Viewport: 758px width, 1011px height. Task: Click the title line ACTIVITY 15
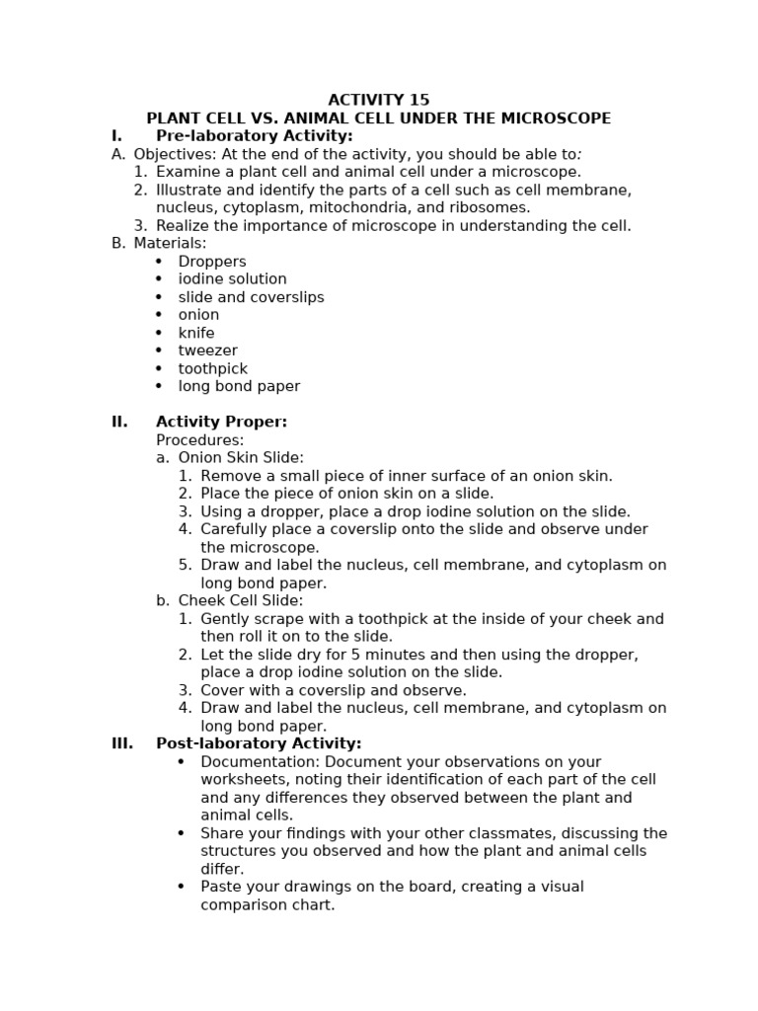[x=378, y=100]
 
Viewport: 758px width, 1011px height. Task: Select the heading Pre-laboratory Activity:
[x=254, y=136]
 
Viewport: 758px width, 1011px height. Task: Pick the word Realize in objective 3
[x=185, y=226]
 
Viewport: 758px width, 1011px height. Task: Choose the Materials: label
[x=170, y=243]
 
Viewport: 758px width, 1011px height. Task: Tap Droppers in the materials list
[x=212, y=262]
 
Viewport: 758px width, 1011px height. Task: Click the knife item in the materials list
[x=196, y=333]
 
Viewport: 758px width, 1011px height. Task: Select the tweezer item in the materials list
[x=207, y=350]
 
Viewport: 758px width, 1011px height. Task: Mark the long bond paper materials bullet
[x=239, y=386]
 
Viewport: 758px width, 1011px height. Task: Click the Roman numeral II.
[x=119, y=422]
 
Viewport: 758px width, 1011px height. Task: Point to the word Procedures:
[x=199, y=440]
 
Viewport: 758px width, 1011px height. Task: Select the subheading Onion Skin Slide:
[x=241, y=458]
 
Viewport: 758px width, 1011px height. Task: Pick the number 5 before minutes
[x=336, y=655]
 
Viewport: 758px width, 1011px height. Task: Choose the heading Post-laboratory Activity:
[x=259, y=743]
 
